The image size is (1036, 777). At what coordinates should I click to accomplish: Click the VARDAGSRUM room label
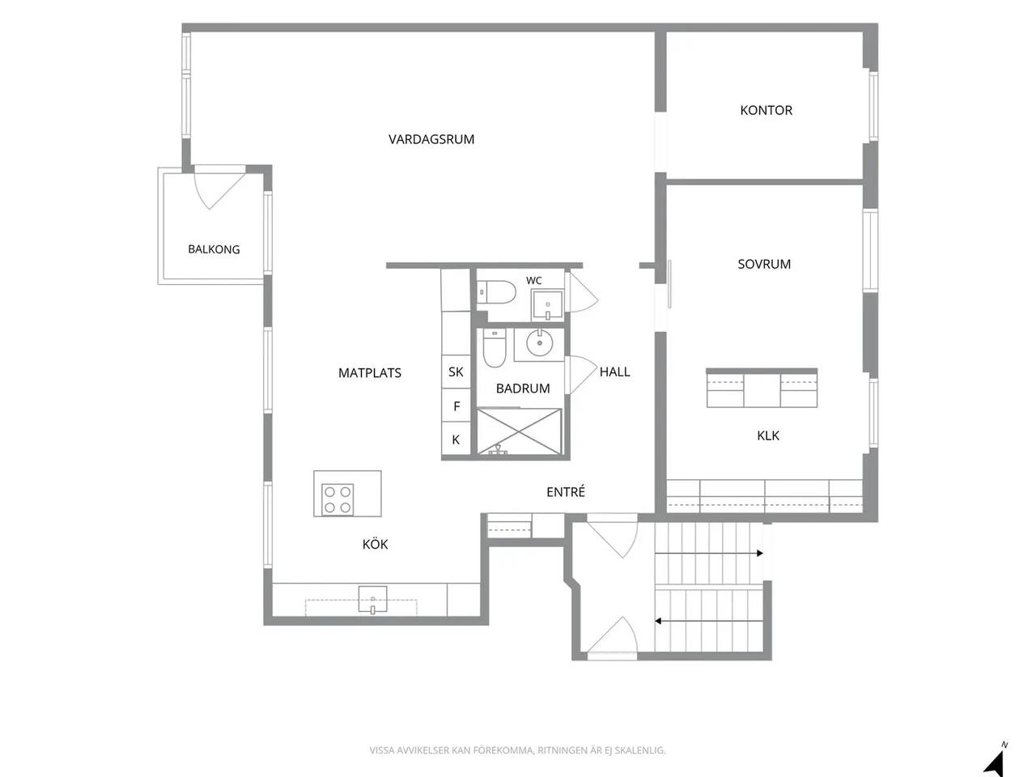coord(431,139)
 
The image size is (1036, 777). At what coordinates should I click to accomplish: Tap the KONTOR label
coord(766,110)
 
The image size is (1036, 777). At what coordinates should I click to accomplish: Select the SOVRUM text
coord(764,264)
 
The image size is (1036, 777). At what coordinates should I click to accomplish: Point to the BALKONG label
coord(214,249)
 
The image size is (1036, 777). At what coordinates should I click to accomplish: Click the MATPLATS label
coord(370,372)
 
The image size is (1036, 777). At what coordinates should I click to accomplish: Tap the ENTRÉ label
coord(566,491)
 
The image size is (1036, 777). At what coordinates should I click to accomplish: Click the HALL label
coord(614,372)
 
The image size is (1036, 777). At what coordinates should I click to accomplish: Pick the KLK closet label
coord(768,435)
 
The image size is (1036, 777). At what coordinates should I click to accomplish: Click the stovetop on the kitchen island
coord(338,499)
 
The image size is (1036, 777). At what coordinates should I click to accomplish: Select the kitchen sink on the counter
coord(372,599)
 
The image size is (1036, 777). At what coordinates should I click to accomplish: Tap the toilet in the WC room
coord(496,292)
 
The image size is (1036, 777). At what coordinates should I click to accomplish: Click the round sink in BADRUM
coord(538,343)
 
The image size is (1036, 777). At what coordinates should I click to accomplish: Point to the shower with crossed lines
coord(519,431)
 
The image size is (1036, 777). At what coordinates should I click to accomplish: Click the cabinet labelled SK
coord(456,372)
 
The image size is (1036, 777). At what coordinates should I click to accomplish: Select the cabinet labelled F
coord(456,405)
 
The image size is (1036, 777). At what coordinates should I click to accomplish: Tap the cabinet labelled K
coord(456,439)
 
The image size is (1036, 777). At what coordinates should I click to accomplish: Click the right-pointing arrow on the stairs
coord(709,554)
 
